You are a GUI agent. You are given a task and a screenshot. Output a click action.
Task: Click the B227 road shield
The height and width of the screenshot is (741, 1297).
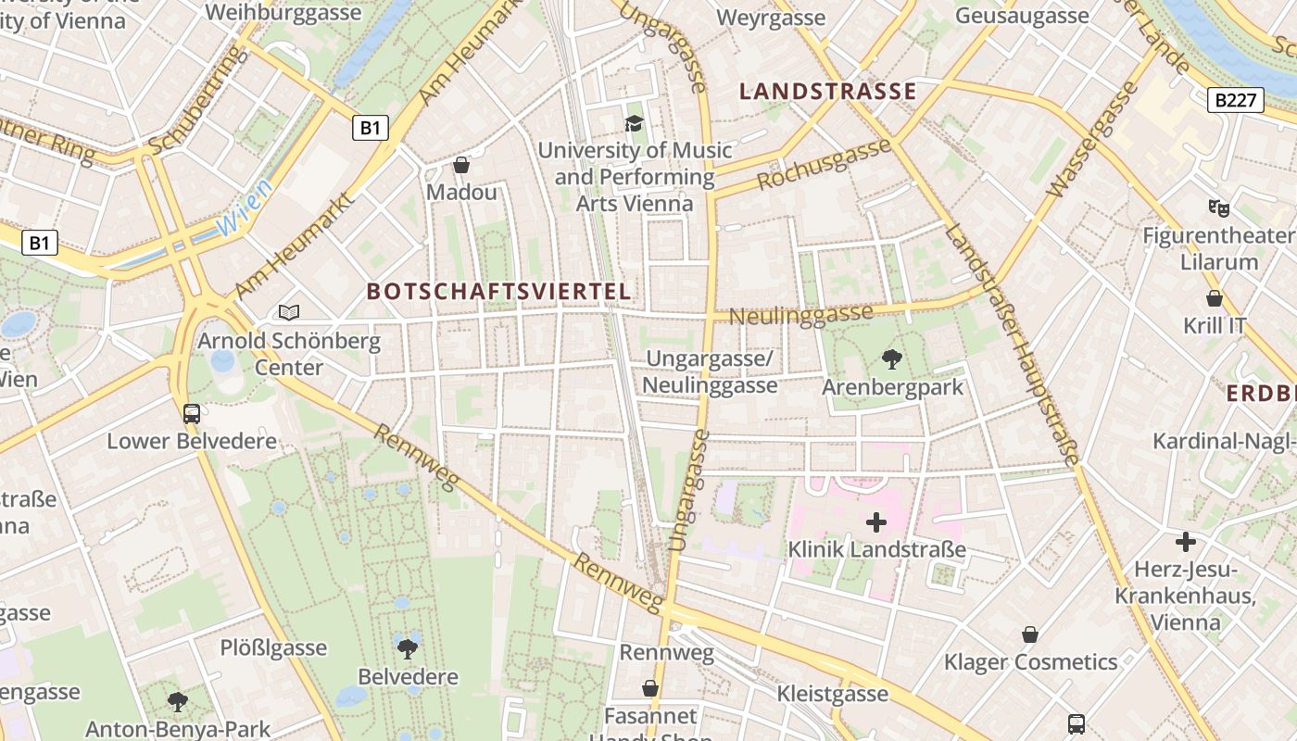[1236, 100]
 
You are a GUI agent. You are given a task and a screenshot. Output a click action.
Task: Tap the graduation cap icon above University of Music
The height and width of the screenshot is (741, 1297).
[634, 123]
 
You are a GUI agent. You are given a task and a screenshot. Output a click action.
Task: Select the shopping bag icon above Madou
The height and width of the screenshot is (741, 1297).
[461, 166]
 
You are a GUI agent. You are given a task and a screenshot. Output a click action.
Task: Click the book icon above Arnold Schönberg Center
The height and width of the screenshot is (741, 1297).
[289, 313]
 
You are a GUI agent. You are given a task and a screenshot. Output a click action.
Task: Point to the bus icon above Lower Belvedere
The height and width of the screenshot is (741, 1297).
[192, 413]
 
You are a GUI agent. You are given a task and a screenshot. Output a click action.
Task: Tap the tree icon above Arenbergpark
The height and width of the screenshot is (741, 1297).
[892, 358]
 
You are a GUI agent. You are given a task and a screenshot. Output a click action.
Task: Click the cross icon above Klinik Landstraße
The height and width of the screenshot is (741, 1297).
[875, 522]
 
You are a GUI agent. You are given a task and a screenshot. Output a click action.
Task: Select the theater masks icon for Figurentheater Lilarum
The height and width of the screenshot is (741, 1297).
[1218, 208]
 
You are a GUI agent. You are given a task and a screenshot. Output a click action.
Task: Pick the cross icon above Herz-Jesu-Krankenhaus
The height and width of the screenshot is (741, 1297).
[1185, 542]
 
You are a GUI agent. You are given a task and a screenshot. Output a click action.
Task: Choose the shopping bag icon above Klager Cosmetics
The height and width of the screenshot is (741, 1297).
[1029, 634]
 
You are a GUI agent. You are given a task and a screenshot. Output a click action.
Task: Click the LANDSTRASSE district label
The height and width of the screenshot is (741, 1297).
[828, 92]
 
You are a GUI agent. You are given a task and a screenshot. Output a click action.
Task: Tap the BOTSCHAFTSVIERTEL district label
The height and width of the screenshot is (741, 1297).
[499, 292]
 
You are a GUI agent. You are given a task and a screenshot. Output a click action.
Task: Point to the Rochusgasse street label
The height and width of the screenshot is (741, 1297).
[825, 164]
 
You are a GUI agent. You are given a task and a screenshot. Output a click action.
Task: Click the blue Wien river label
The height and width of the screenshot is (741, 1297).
[243, 209]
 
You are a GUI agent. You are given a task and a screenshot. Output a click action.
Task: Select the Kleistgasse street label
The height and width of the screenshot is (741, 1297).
[832, 693]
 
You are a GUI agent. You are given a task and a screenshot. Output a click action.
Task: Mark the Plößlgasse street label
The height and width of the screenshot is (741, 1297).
[273, 647]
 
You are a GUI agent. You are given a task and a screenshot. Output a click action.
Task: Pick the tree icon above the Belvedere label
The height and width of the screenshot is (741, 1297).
[408, 648]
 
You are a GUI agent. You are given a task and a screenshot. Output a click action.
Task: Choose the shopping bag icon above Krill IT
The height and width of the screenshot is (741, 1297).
[1215, 298]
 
